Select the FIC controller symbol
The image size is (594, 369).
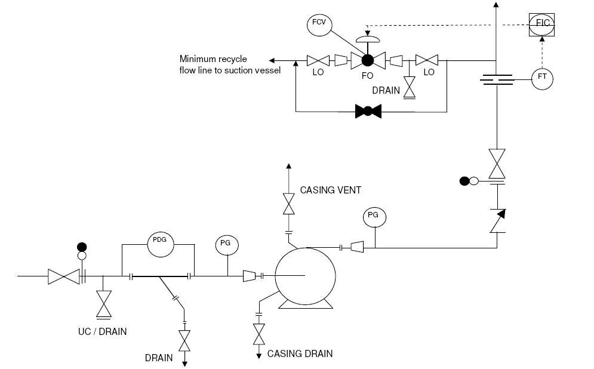click(542, 24)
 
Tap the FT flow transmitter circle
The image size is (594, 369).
click(543, 78)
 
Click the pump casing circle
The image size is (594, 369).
click(304, 275)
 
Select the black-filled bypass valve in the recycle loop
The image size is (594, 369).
click(368, 111)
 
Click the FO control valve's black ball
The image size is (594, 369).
click(367, 60)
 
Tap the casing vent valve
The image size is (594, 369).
click(288, 204)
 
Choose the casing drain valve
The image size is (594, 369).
click(259, 333)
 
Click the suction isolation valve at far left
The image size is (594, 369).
click(63, 276)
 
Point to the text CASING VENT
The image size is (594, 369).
click(330, 190)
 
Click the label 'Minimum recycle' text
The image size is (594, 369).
click(213, 59)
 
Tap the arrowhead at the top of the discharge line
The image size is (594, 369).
click(495, 5)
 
